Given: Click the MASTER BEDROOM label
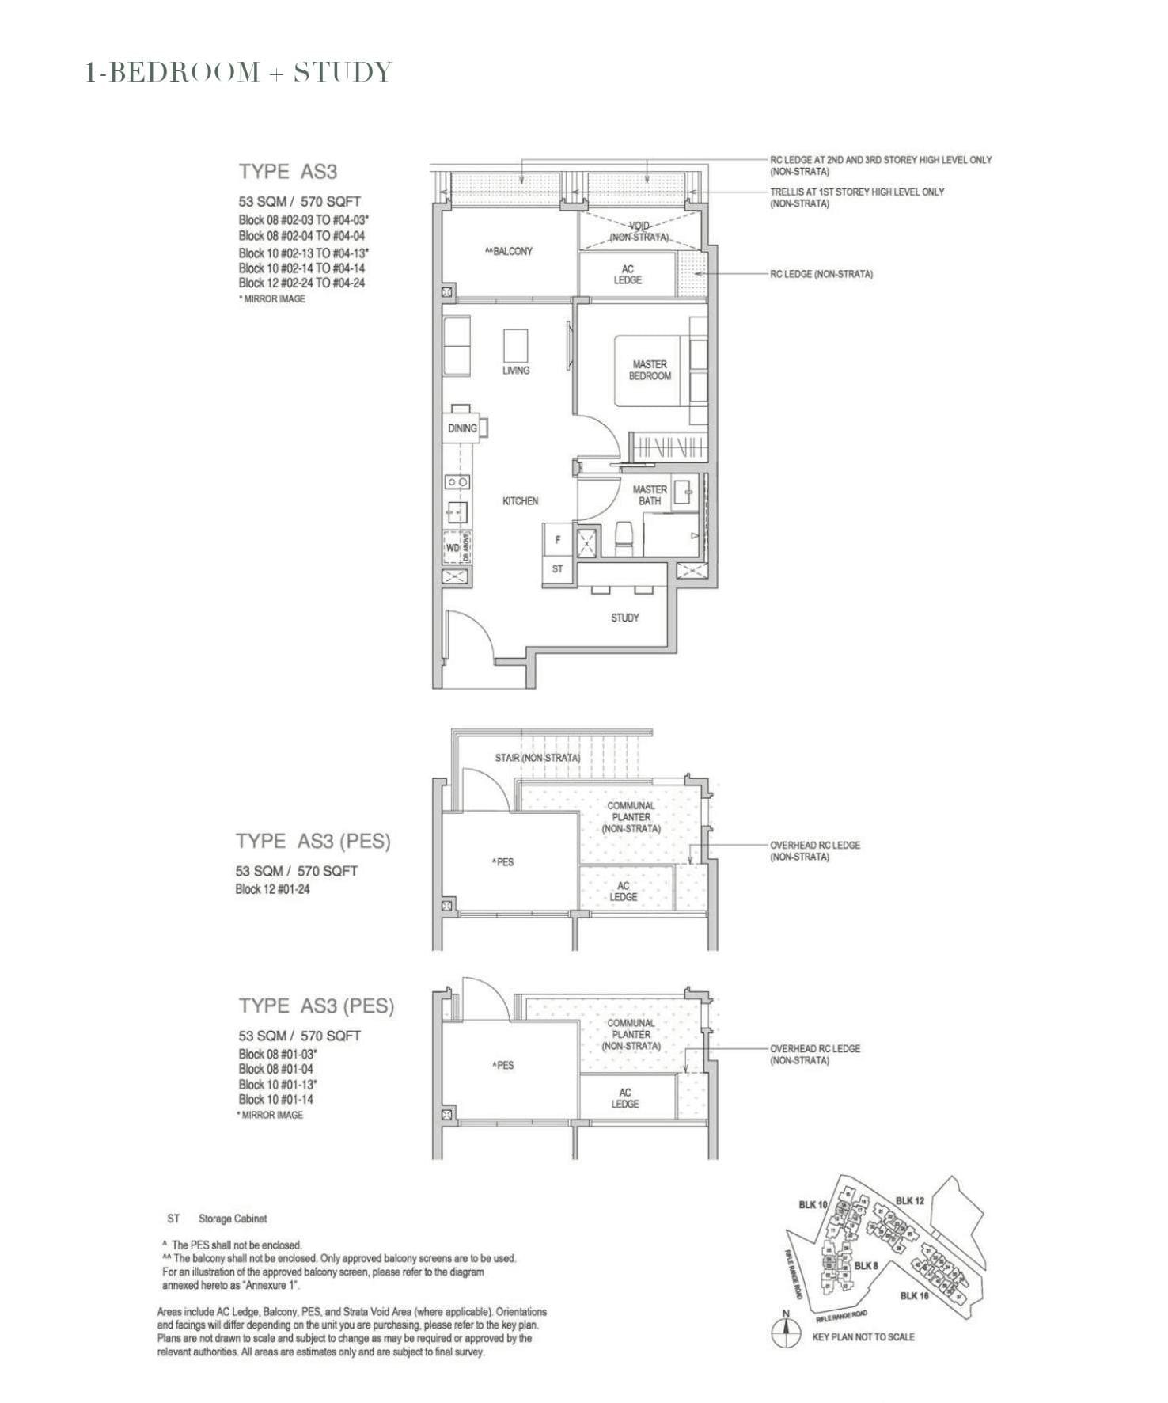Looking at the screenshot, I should [x=650, y=371].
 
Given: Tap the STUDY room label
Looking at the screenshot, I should [x=624, y=618].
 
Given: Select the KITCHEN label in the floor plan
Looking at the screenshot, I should [x=520, y=501].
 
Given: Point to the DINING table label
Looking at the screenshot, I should [x=462, y=428].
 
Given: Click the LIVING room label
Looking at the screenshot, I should [x=516, y=371].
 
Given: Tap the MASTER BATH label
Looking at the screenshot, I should [x=650, y=495].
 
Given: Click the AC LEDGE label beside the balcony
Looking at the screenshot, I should [x=628, y=275].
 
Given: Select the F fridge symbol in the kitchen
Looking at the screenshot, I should [x=558, y=540].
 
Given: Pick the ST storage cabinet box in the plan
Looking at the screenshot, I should [x=558, y=569].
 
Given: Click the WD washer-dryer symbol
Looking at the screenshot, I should [x=453, y=548].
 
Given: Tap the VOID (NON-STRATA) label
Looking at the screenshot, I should [x=639, y=231].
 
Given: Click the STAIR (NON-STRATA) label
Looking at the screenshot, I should [x=537, y=758].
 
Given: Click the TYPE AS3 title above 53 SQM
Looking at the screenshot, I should [x=288, y=172].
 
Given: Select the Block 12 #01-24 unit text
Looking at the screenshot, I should [x=272, y=889].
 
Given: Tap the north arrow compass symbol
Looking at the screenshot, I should [x=785, y=1333].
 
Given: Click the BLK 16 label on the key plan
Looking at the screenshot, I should [x=914, y=1295].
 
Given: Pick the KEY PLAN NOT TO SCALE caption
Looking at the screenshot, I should [x=863, y=1336].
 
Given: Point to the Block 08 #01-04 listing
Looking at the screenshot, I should [x=275, y=1069].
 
